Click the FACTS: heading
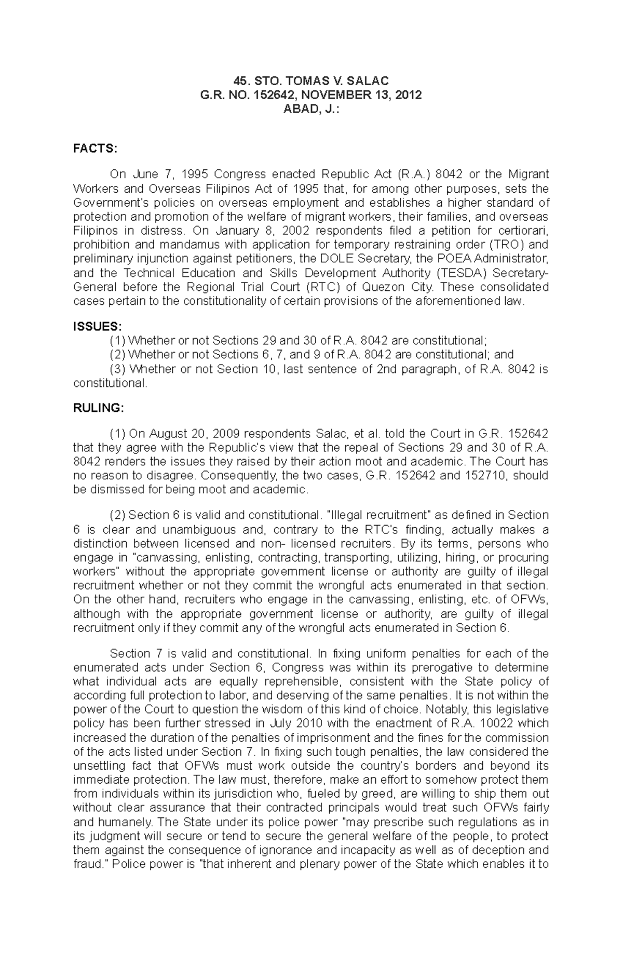point(96,149)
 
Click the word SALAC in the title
point(369,80)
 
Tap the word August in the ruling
point(169,434)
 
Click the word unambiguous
point(201,530)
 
